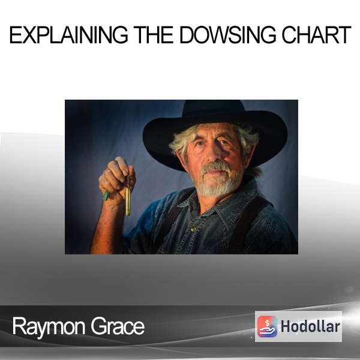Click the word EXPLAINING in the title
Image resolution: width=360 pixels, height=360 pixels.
coord(68,35)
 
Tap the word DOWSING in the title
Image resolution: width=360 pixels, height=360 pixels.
coord(227,35)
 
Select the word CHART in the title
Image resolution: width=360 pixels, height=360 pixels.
coord(316,35)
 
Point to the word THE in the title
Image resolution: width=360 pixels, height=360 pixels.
coord(154,35)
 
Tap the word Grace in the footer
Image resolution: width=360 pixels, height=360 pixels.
coord(118,326)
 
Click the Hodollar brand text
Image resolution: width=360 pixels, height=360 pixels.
coord(310,326)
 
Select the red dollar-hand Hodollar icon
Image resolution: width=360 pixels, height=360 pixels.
coord(267,326)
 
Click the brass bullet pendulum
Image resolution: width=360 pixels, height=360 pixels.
coord(128,202)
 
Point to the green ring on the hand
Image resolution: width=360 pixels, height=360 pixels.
coord(106,196)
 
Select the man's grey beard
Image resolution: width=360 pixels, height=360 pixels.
coord(218,181)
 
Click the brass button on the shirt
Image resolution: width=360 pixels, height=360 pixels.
coord(193,229)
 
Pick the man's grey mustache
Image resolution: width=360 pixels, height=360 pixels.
coord(215,166)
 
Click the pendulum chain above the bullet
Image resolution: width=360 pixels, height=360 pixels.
coord(128,181)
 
